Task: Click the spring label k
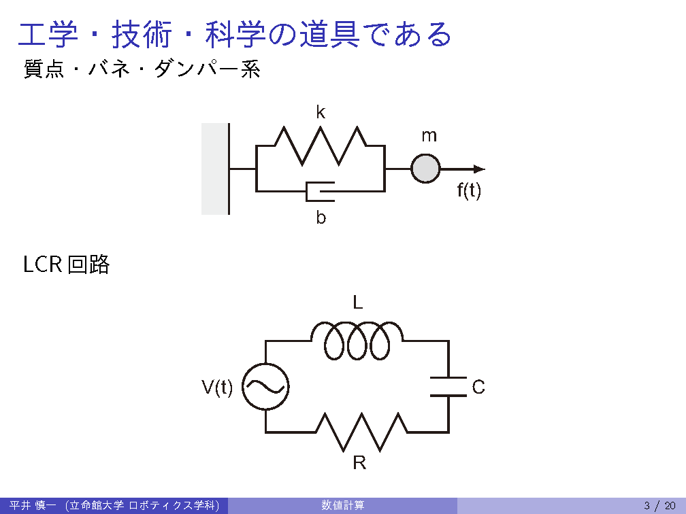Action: [321, 113]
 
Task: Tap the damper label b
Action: [321, 218]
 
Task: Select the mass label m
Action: [429, 136]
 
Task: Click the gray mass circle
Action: [426, 169]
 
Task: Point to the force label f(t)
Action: [469, 191]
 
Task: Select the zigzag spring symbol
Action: [321, 145]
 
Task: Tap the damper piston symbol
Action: [321, 191]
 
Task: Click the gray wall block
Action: [214, 169]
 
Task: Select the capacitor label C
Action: [478, 388]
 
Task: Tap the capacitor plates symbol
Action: [448, 386]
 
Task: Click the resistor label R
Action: [359, 464]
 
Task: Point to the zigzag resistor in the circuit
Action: [361, 431]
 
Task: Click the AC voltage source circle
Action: [265, 387]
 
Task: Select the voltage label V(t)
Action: [217, 388]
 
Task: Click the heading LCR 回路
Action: [66, 264]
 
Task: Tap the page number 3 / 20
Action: [659, 505]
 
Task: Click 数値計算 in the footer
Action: [343, 505]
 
